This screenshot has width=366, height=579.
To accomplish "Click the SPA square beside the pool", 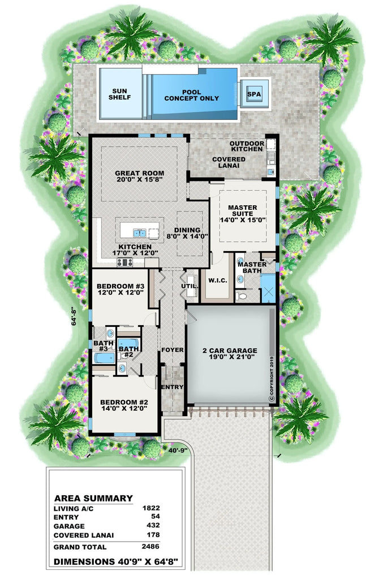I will [x=255, y=94].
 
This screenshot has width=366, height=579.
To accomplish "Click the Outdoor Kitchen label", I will [x=247, y=146].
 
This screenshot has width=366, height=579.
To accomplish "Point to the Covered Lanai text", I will [x=229, y=163].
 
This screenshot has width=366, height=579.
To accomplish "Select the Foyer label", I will [x=172, y=350].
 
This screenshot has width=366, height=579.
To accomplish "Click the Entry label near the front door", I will [x=172, y=387].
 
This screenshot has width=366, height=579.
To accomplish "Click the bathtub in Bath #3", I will [x=104, y=358].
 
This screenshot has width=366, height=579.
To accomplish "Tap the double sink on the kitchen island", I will [x=140, y=232].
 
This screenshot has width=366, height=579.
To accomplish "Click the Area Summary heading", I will [x=93, y=498].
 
